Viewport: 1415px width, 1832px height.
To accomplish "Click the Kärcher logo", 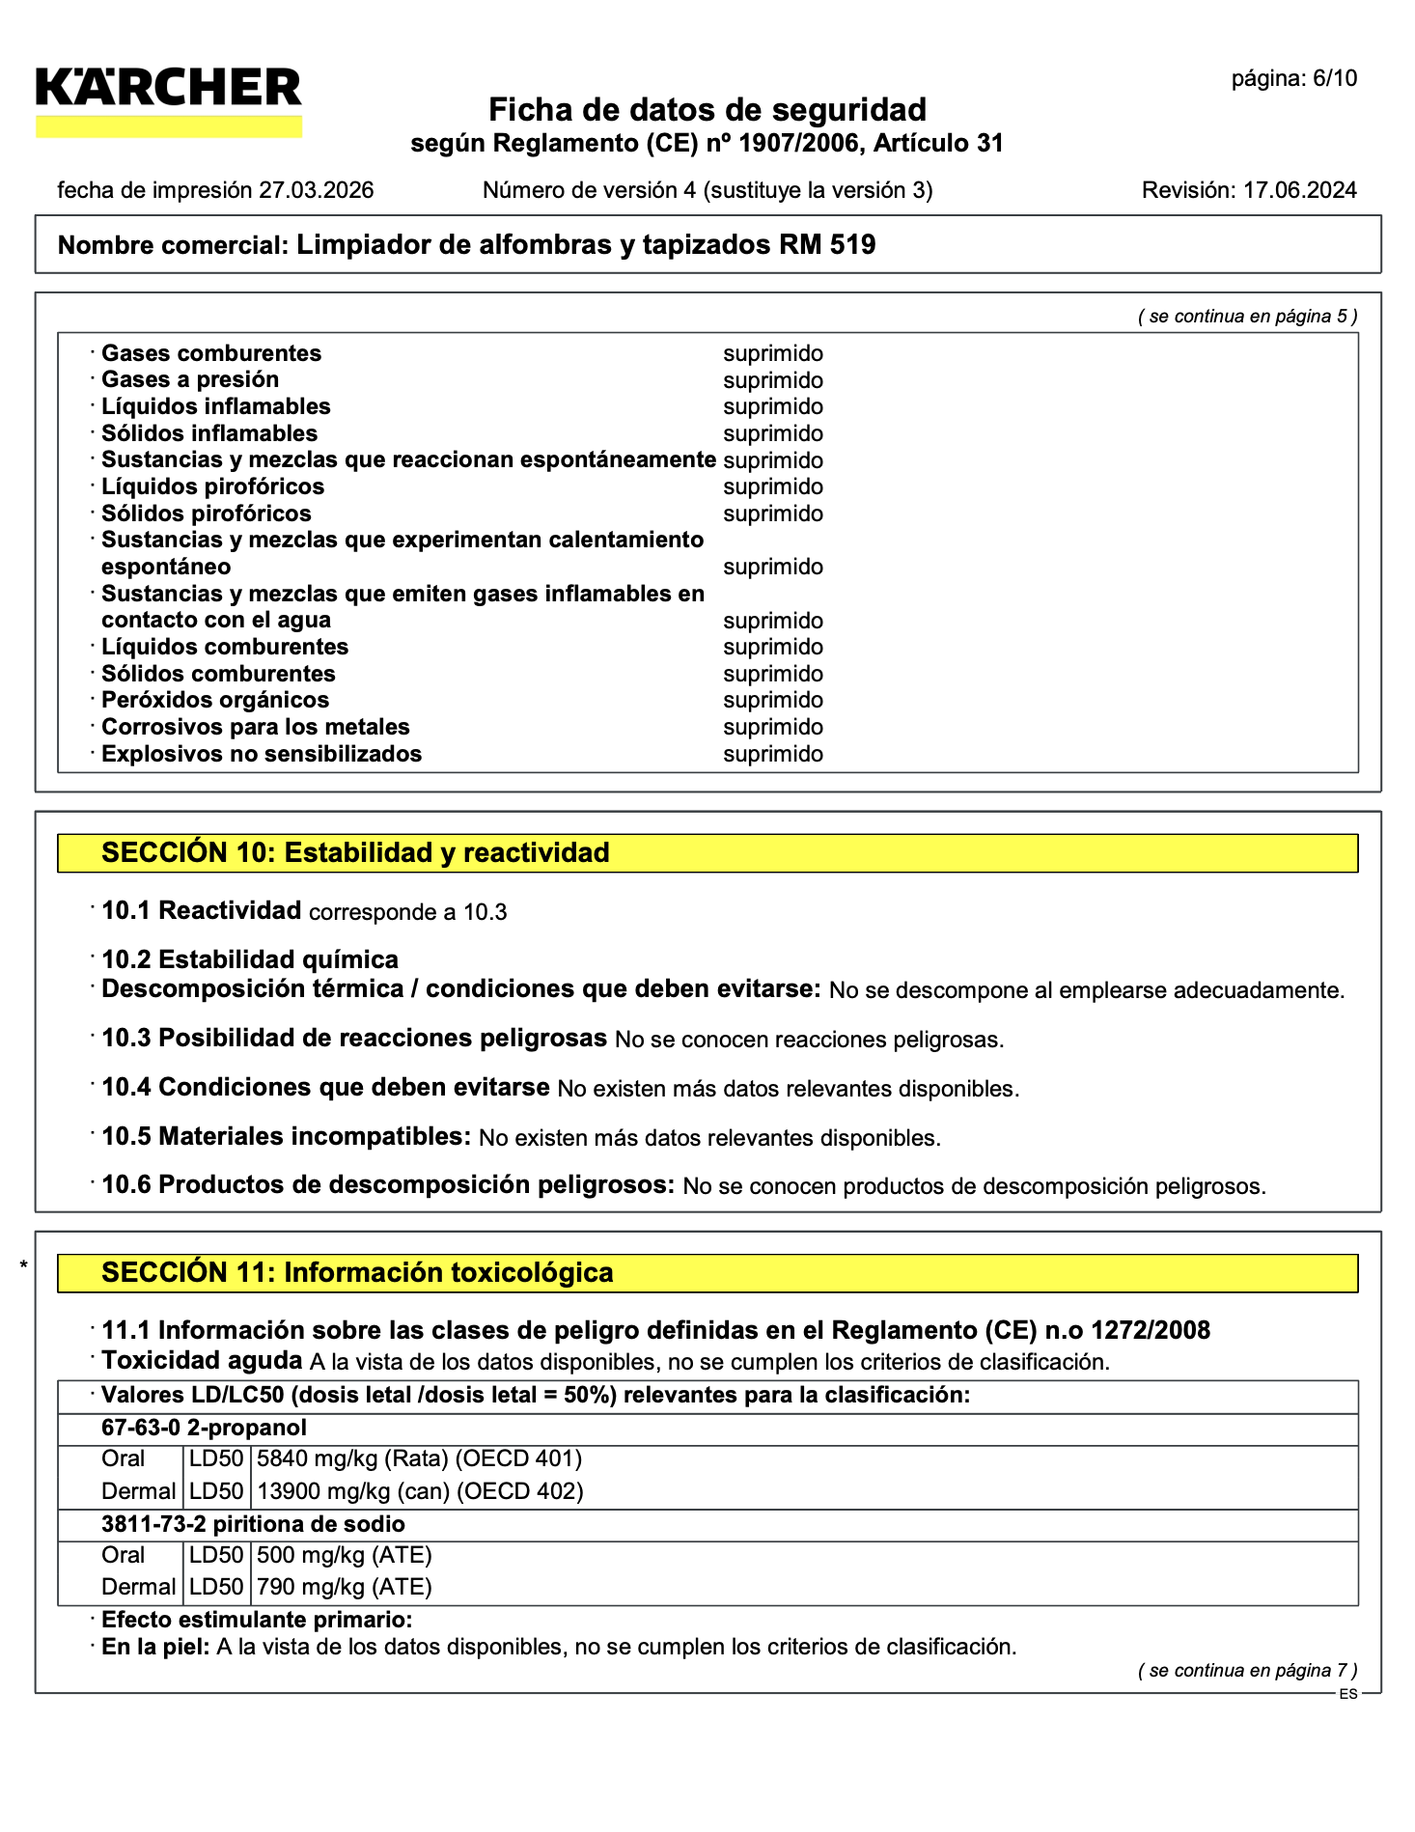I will (169, 100).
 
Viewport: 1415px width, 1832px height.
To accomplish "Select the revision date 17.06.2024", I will (1299, 190).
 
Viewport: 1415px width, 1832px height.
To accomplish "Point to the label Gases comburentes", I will (211, 353).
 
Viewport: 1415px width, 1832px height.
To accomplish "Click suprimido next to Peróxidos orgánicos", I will (773, 700).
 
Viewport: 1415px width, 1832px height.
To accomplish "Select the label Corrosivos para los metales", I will (256, 727).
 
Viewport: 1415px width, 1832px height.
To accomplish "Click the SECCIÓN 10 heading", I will (355, 853).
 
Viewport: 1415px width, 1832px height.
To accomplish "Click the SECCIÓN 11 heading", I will (357, 1273).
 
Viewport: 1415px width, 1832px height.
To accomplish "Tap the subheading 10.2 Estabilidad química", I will (250, 959).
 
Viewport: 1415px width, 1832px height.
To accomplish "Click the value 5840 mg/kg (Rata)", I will (352, 1458).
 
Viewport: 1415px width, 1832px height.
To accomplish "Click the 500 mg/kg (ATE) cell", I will (345, 1555).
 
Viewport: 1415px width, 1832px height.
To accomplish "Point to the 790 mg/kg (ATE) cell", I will (345, 1587).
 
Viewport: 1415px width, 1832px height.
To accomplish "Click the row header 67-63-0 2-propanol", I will (204, 1428).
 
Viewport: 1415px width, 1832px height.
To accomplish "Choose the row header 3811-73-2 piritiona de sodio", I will (253, 1524).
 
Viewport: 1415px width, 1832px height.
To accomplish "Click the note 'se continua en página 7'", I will (1248, 1671).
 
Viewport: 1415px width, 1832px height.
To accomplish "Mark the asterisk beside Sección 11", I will (24, 1265).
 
